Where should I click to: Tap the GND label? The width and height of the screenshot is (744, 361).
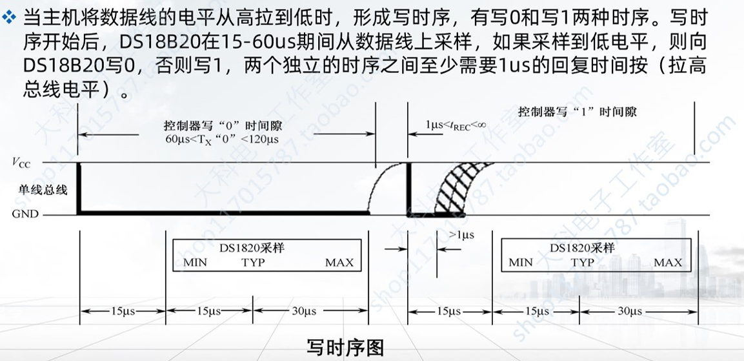point(25,214)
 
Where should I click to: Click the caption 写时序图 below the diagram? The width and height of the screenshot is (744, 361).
point(345,347)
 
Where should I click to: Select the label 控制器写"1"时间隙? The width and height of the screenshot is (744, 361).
point(577,112)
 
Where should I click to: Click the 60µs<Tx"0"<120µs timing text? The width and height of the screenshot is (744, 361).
point(221,139)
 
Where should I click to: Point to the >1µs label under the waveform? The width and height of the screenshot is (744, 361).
point(461,235)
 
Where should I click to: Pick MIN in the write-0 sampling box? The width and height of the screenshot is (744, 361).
point(195,262)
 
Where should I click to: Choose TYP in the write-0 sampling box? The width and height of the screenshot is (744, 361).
point(253,262)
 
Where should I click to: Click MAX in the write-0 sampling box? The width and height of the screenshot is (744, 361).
point(339,262)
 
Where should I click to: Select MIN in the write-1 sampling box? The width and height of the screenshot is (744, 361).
point(521,262)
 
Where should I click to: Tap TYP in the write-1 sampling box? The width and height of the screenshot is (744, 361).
point(582,262)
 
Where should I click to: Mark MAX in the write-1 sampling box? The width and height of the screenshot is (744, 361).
point(667,262)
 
